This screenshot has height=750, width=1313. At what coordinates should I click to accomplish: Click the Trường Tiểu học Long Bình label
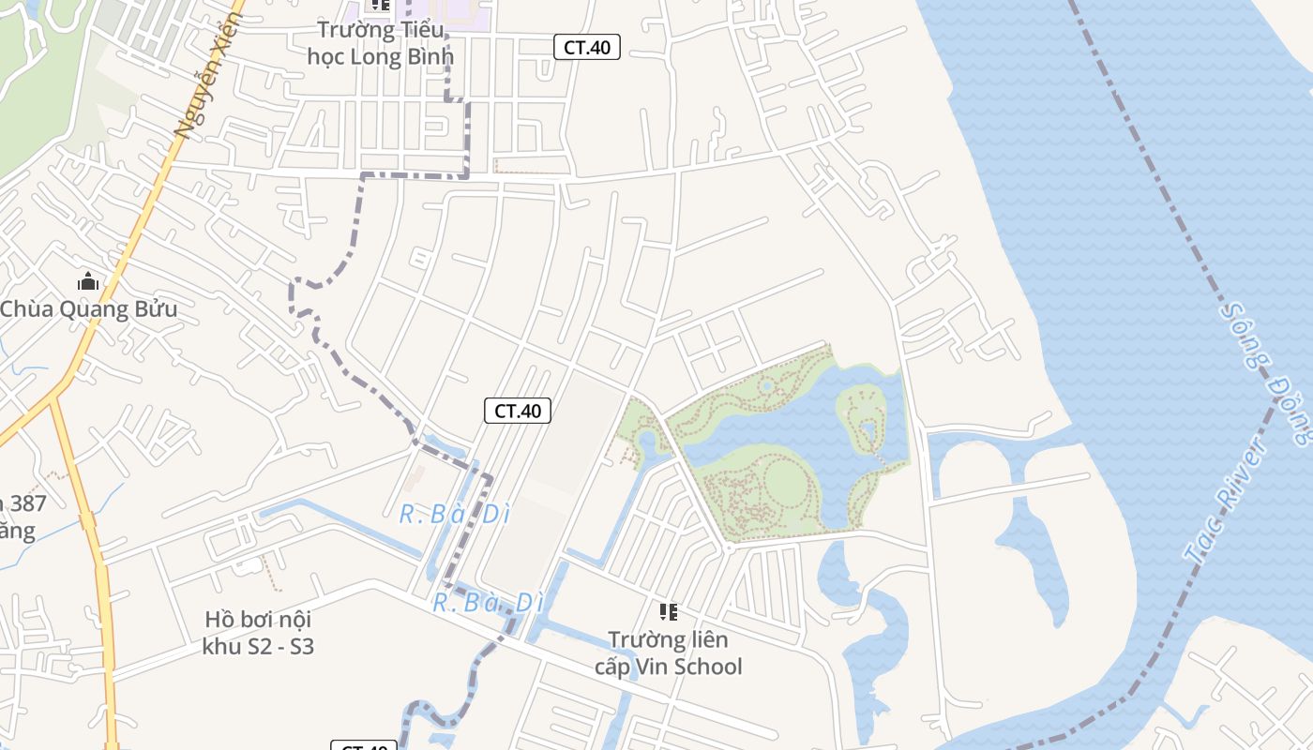tap(380, 43)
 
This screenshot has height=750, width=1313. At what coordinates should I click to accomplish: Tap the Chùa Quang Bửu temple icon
tap(88, 281)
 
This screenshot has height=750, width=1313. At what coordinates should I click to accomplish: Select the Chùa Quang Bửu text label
tap(88, 309)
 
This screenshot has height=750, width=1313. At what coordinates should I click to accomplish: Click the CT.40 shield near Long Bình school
tap(587, 47)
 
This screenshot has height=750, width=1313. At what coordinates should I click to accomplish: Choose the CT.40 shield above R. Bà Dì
tap(518, 410)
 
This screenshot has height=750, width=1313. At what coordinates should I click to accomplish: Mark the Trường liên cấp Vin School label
tap(668, 652)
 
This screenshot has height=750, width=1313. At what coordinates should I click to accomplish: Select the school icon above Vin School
tap(668, 612)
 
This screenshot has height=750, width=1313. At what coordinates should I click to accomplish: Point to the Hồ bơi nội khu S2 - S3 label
tap(258, 633)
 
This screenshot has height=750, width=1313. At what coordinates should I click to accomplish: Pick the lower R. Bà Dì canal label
tap(488, 603)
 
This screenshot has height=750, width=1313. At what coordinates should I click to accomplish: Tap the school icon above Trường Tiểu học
tap(380, 5)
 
